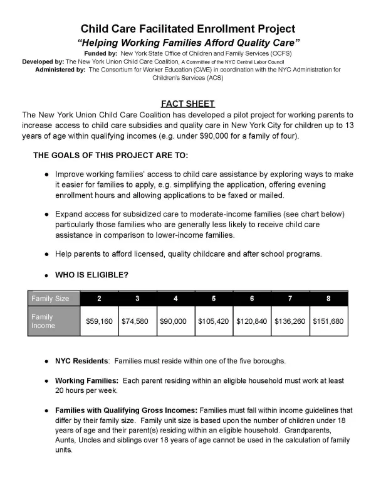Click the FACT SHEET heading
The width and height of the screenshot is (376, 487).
pos(188,104)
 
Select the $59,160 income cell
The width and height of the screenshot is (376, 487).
pos(99,321)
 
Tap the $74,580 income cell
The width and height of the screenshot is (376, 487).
pos(137,321)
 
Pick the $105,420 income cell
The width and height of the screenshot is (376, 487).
pos(214,321)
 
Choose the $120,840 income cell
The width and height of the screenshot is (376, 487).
pos(252,321)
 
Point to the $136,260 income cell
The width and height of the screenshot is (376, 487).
pos(290,321)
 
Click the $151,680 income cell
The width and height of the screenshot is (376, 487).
pos(328,321)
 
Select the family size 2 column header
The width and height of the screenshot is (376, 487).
pos(99,298)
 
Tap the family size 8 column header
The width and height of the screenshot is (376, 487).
pos(328,298)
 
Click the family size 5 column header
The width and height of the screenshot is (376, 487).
pos(214,298)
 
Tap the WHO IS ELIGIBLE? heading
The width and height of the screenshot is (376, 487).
pos(92,275)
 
